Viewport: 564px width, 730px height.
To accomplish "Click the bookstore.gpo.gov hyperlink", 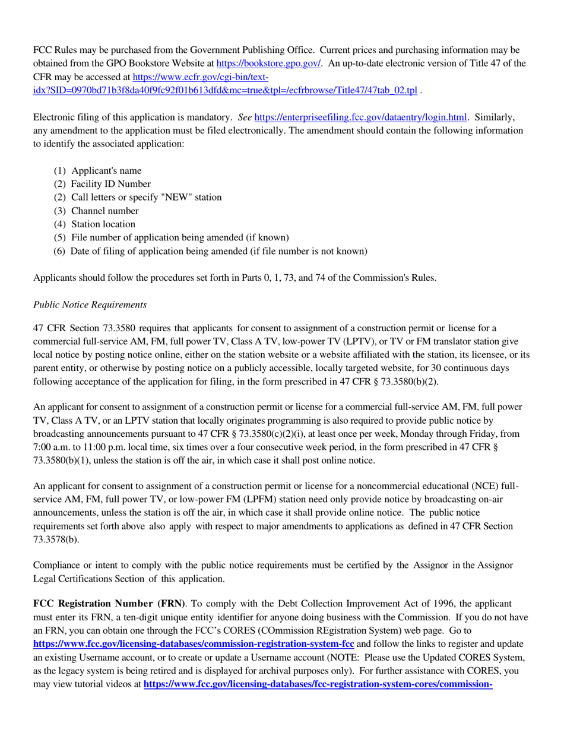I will [x=269, y=63].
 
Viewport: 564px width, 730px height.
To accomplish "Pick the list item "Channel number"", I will [x=105, y=211].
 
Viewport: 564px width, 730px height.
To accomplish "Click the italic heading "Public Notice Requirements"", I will [x=90, y=304].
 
